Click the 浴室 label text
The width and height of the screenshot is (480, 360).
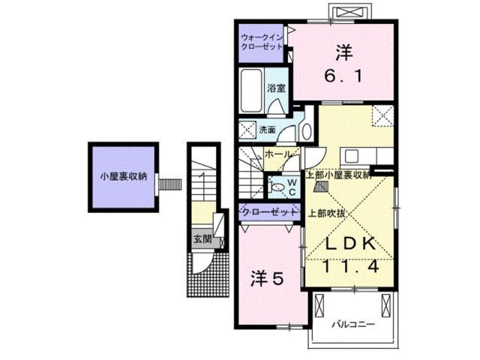[x=277, y=88]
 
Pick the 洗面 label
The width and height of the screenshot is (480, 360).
[x=267, y=129]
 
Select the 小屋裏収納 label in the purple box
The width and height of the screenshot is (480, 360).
[x=124, y=178]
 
